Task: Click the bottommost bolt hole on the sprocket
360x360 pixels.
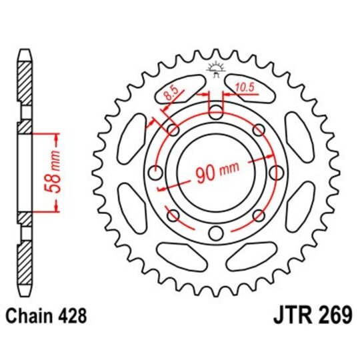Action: (x=215, y=233)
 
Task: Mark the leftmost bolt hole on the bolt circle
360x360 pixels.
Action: (x=155, y=173)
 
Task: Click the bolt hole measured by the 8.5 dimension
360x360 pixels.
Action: (x=173, y=129)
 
